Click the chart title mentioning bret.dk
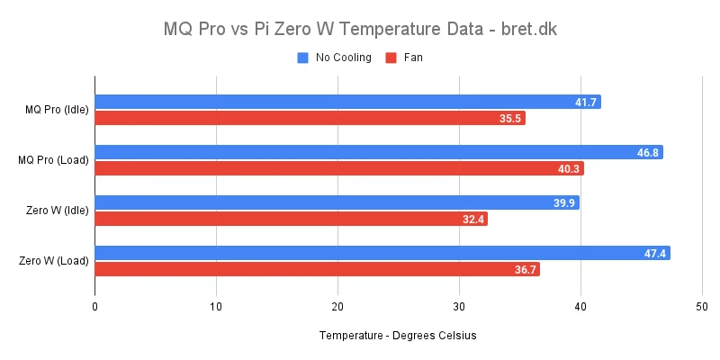point(360,29)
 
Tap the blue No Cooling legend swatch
point(303,58)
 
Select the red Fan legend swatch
point(391,58)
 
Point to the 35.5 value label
point(511,119)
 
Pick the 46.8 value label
point(648,153)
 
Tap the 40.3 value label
point(570,169)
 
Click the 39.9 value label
point(564,203)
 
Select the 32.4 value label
point(473,220)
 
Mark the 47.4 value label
point(656,254)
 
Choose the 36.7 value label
point(526,270)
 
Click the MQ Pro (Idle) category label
point(57,111)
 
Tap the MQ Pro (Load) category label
point(54,161)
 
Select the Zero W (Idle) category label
point(57,211)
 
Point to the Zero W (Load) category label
point(54,262)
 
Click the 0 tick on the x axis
point(94,307)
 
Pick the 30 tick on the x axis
point(459,307)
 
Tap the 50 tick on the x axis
point(702,307)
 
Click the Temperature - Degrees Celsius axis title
point(397,336)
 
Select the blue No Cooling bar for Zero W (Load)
point(382,254)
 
